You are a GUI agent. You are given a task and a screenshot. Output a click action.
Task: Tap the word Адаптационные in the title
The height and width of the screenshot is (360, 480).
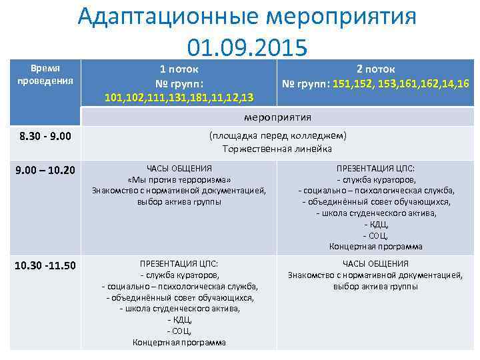166,16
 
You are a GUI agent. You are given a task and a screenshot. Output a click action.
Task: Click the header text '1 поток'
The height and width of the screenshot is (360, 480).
179,69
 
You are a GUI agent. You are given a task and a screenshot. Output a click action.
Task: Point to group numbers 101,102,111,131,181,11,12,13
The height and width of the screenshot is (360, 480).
179,98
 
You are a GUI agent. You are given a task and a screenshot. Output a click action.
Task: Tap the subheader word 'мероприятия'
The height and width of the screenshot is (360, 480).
277,117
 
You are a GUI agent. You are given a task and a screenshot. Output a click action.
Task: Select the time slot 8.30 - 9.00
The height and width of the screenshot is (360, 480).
45,137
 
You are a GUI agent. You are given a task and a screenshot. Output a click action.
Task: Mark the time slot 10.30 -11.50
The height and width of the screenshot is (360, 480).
45,265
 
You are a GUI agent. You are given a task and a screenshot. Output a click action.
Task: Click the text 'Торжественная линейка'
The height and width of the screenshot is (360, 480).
277,149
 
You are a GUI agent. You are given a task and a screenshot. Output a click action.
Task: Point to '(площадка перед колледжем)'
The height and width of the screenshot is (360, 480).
277,136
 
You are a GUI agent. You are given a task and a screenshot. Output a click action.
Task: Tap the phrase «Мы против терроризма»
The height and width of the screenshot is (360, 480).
179,180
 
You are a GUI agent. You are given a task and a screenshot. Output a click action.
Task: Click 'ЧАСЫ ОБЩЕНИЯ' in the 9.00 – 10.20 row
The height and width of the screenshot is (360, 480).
179,169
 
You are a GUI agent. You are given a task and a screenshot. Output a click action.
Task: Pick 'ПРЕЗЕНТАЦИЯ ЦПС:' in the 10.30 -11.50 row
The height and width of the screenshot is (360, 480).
179,264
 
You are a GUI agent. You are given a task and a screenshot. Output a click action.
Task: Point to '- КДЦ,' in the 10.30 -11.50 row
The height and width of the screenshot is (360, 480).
179,320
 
